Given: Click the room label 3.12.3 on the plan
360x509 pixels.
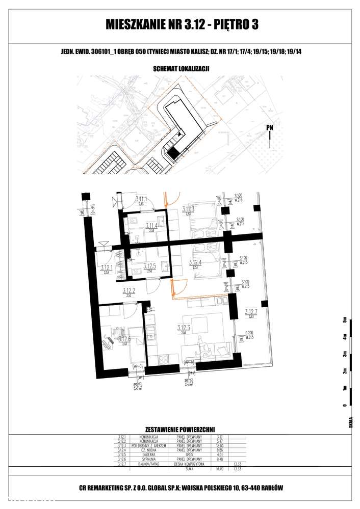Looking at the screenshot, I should click(184, 328).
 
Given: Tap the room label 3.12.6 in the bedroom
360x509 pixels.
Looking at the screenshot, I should click(122, 338).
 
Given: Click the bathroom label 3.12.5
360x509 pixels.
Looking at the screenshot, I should click(149, 266).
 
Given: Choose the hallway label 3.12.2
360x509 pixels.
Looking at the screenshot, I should click(128, 290).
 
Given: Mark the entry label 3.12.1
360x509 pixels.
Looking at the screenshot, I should click(107, 267).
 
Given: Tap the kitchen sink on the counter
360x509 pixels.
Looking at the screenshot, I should click(151, 334).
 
